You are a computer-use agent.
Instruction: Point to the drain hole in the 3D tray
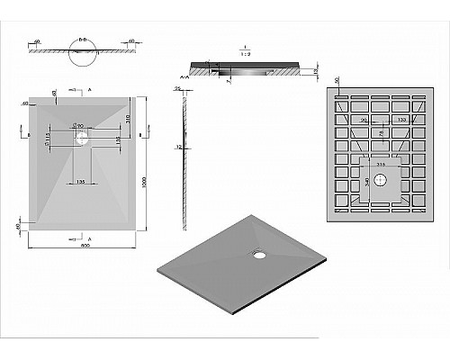click(x=260, y=254)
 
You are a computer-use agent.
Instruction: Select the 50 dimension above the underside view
click(x=337, y=81)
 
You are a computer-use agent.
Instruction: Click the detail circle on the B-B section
click(x=82, y=52)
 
